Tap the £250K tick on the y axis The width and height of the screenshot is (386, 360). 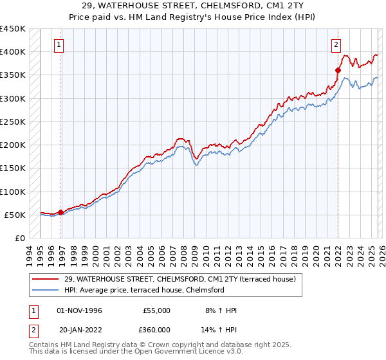(x=13, y=122)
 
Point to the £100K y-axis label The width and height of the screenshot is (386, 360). (x=13, y=192)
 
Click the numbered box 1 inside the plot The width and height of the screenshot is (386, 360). (x=59, y=45)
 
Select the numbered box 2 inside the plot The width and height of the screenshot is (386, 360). (x=336, y=45)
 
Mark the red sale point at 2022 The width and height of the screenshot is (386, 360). (x=338, y=70)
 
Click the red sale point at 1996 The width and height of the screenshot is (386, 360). (x=61, y=212)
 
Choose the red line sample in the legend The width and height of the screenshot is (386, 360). (x=46, y=280)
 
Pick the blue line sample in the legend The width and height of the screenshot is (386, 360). (x=46, y=291)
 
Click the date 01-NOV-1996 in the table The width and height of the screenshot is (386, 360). (x=80, y=310)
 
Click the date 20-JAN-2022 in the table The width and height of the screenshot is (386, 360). (x=80, y=330)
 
